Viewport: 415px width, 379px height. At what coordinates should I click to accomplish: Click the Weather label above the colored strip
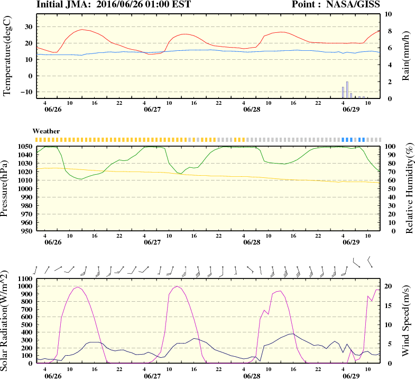tap(46, 131)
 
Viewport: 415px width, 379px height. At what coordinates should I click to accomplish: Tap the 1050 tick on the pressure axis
tap(24, 146)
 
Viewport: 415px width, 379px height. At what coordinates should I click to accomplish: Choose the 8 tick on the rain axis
tap(387, 31)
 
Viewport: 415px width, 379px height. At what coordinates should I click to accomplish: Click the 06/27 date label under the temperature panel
tap(152, 110)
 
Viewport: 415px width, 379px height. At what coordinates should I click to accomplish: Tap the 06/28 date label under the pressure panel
tap(252, 242)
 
